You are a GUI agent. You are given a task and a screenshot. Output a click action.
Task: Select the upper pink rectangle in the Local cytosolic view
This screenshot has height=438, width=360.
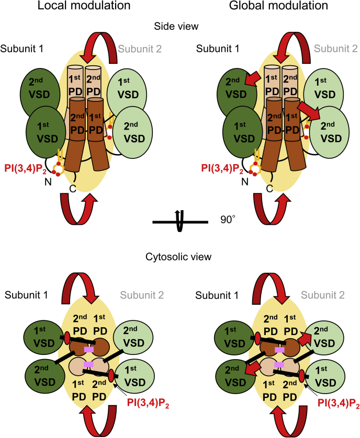pyautogui.click(x=89, y=349)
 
